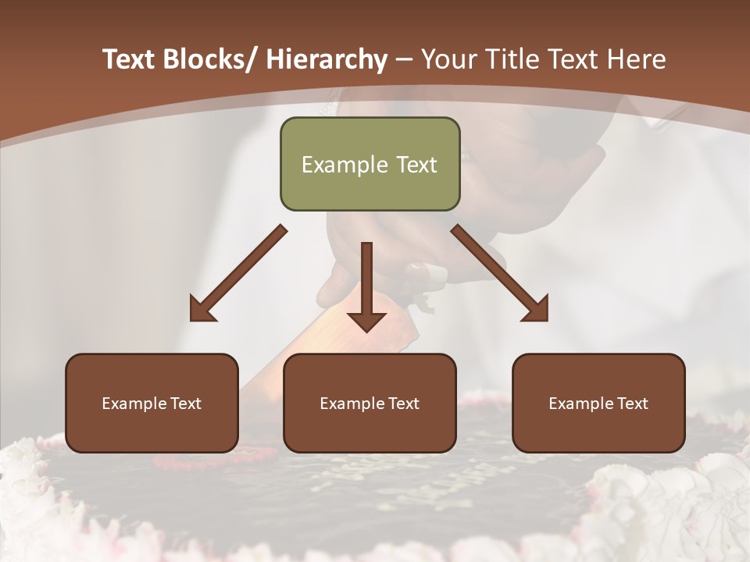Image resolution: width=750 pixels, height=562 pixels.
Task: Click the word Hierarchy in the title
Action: coord(327,59)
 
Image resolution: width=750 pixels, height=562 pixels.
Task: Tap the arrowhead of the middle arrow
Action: coord(366,321)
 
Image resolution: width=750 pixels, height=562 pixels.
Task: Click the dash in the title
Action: coord(404,60)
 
